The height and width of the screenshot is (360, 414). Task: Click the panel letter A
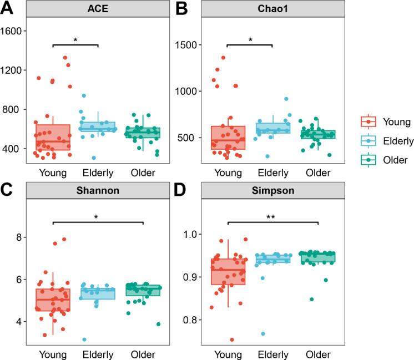point(7,9)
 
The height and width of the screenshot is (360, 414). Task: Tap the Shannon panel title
point(98,191)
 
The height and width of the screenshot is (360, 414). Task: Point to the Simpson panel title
point(272,191)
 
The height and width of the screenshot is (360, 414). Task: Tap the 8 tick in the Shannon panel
point(21,237)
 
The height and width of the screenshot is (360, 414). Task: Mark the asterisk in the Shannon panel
point(98,218)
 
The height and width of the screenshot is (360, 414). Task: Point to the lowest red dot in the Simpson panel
point(232,339)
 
